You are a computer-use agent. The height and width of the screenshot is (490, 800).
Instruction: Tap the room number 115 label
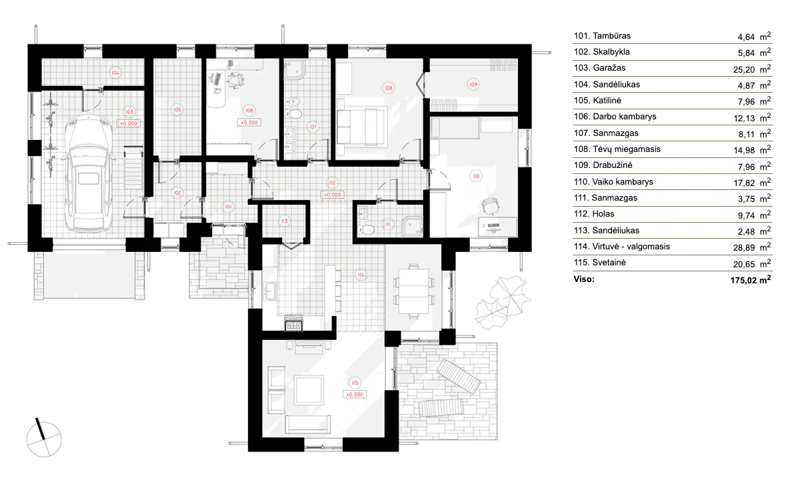(x=355, y=383)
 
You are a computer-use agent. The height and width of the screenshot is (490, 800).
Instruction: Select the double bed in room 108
(x=361, y=124)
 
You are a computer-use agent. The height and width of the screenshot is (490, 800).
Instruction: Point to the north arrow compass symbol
(x=44, y=436)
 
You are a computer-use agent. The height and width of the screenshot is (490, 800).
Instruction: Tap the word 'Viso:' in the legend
(x=585, y=279)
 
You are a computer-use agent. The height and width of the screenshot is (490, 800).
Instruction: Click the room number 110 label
(x=475, y=176)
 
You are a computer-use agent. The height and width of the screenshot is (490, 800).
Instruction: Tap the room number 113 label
(x=284, y=220)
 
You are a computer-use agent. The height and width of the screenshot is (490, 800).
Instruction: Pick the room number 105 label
(x=177, y=109)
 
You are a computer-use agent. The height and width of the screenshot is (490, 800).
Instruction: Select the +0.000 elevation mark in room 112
(x=332, y=195)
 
